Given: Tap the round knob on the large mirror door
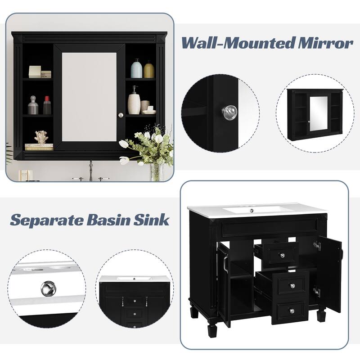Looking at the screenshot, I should click(121, 116).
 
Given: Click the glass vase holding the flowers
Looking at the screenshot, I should click(156, 171).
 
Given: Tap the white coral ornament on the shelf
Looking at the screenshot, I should click(41, 137).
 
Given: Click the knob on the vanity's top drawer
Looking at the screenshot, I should click(283, 256).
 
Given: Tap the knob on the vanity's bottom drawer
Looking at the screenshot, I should click(292, 310).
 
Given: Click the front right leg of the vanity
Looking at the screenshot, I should click(321, 315).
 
